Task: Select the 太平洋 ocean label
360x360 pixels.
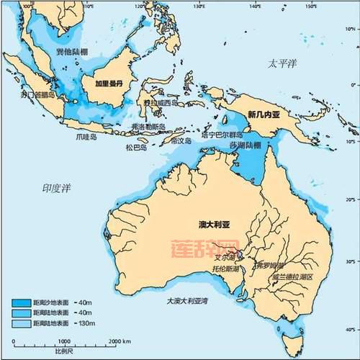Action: tap(283, 64)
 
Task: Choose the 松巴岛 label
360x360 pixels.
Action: tap(136, 148)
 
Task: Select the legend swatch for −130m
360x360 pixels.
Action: tap(24, 323)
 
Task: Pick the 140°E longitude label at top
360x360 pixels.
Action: tap(256, 6)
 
